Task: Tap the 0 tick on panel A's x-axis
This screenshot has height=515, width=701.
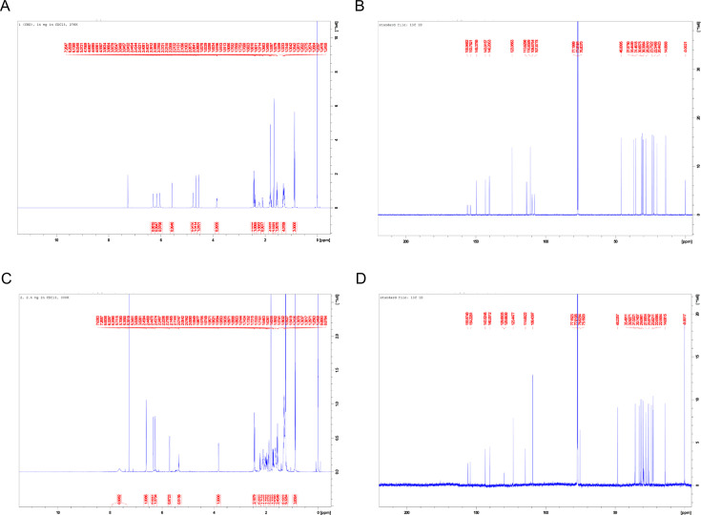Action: [318, 241]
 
